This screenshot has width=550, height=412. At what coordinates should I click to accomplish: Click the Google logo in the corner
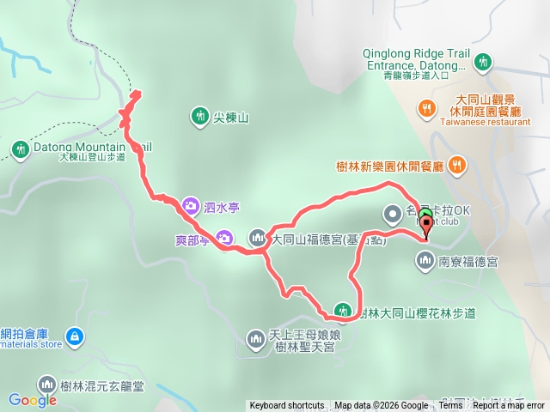coord(33,399)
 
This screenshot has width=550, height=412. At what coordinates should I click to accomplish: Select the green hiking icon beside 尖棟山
coord(199,115)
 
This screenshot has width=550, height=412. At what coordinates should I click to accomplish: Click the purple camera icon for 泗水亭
coord(191,205)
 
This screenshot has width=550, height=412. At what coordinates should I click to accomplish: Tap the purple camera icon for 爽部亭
coord(224,238)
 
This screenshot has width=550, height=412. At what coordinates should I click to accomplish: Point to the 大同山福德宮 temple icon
coord(258,238)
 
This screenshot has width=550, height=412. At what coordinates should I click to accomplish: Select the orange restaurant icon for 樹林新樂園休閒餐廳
coord(457,164)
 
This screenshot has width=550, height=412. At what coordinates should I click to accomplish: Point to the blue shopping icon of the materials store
coord(75,336)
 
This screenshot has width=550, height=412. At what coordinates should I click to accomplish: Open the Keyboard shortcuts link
coord(287,406)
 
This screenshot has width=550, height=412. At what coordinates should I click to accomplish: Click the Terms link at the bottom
coord(450,406)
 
